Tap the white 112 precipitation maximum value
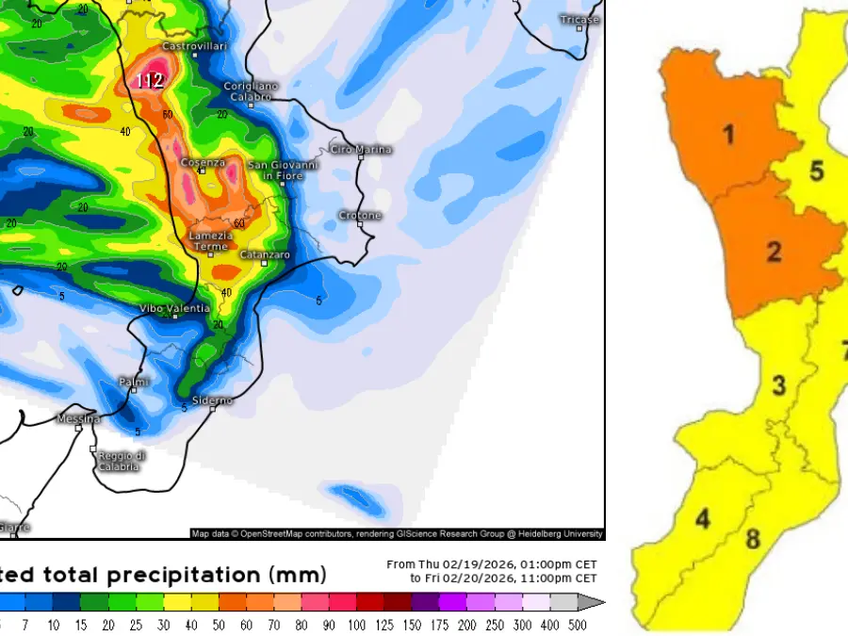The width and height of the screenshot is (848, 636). click(x=150, y=81)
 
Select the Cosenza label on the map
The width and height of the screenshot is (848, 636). click(x=203, y=162)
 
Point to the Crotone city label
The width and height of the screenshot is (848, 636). click(x=360, y=216)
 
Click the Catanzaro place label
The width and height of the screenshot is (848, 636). click(x=265, y=255)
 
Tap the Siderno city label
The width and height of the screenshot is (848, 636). click(x=212, y=400)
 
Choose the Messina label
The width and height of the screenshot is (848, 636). click(x=78, y=418)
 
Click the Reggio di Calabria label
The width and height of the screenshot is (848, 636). click(x=120, y=461)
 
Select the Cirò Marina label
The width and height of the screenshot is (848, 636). click(x=361, y=150)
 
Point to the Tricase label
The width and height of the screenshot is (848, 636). click(x=579, y=19)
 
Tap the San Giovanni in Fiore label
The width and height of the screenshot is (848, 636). click(x=283, y=171)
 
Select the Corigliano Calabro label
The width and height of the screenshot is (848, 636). click(x=249, y=91)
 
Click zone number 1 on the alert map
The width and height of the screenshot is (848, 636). click(x=727, y=135)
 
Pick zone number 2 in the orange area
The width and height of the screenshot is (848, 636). click(x=774, y=252)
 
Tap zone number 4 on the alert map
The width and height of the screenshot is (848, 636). click(x=703, y=518)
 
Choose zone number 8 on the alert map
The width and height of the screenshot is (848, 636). click(x=752, y=540)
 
